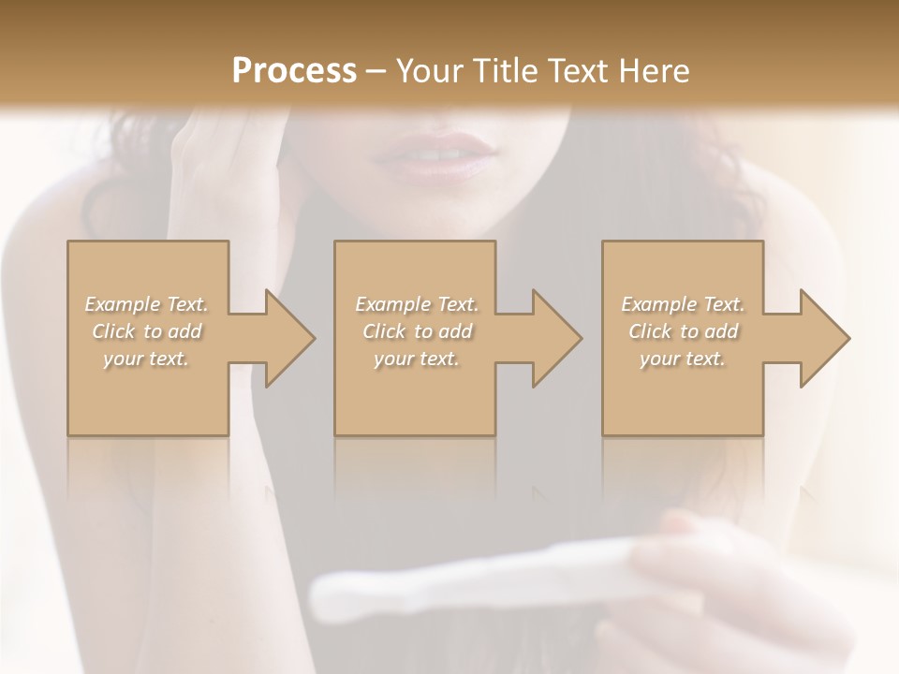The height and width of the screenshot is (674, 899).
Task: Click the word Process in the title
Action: click(294, 70)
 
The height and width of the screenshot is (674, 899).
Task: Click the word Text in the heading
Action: click(578, 70)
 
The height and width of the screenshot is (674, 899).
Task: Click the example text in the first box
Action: click(147, 330)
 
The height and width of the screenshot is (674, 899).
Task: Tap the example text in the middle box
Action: click(417, 330)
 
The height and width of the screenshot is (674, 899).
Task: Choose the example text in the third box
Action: click(683, 330)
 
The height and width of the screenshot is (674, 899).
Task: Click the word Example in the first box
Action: click(122, 304)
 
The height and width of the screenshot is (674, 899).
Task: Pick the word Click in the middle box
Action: click(382, 331)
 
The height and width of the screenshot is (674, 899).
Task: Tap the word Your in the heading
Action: click(428, 70)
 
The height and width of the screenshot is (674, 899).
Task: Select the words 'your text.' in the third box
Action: click(683, 359)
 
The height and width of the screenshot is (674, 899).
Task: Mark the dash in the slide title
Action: click(376, 71)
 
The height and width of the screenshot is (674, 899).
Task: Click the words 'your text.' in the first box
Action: click(147, 359)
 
